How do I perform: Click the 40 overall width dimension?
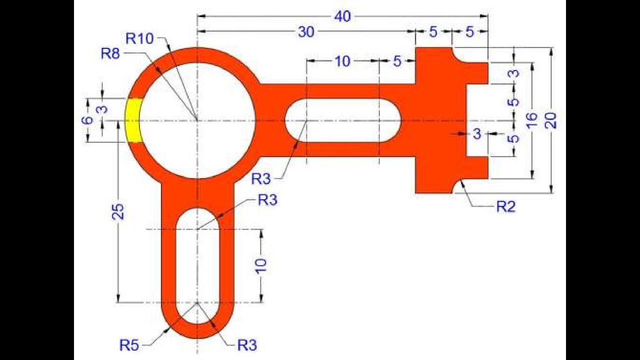[x=342, y=16]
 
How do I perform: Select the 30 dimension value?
[x=306, y=32]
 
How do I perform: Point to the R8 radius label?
[x=110, y=53]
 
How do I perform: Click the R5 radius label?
[x=129, y=345]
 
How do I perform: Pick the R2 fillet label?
[x=505, y=206]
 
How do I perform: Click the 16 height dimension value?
[x=531, y=120]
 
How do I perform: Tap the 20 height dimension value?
[x=551, y=120]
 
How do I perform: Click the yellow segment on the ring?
[x=133, y=120]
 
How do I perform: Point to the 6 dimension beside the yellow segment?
[x=87, y=120]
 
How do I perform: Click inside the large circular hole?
[x=197, y=120]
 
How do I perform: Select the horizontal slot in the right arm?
[x=342, y=120]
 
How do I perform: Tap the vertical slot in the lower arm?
[x=198, y=265]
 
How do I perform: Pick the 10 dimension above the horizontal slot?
[x=342, y=61]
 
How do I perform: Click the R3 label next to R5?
[x=247, y=345]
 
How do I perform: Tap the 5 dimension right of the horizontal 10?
[x=397, y=61]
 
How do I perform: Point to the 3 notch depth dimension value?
[x=476, y=133]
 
